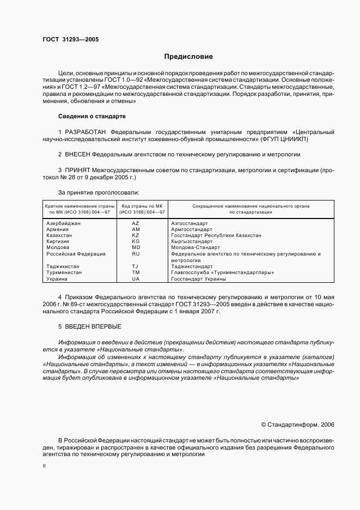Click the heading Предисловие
188,57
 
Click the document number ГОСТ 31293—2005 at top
70,40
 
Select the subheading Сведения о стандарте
91,116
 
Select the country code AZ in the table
136,223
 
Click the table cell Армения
57,229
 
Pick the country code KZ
136,235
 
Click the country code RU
136,253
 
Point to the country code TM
136,272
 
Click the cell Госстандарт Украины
198,278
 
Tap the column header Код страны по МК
142,206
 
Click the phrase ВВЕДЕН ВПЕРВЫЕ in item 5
93,326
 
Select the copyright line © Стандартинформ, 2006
298,424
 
